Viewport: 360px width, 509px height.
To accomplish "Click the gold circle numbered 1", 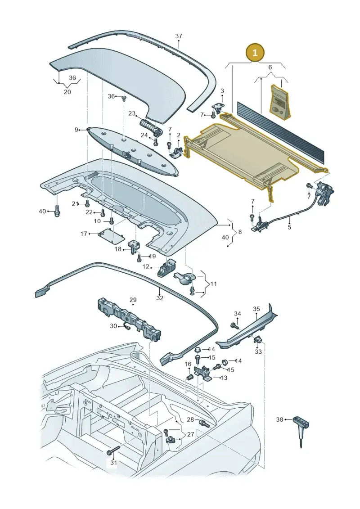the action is (255, 52).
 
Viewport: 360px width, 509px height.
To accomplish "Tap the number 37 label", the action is (179, 36).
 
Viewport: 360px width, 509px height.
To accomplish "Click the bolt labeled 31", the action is (112, 450).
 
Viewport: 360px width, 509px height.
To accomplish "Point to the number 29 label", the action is (133, 300).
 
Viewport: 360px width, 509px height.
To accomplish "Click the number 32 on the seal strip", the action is (160, 297).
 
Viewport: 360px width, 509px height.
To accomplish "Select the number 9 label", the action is (76, 130).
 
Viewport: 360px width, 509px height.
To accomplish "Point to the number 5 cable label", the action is (289, 227).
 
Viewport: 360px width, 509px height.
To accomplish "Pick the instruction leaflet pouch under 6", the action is (280, 101).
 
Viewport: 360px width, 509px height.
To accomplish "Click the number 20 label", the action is (67, 92).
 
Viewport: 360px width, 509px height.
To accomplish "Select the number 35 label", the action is (256, 309).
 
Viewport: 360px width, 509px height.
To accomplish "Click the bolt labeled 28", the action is (204, 423).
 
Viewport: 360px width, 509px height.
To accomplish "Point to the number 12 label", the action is (146, 267).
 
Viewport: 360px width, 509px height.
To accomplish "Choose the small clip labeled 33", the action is (258, 339).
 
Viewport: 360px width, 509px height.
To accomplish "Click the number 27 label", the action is (190, 434).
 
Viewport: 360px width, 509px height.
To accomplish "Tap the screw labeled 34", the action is (233, 325).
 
